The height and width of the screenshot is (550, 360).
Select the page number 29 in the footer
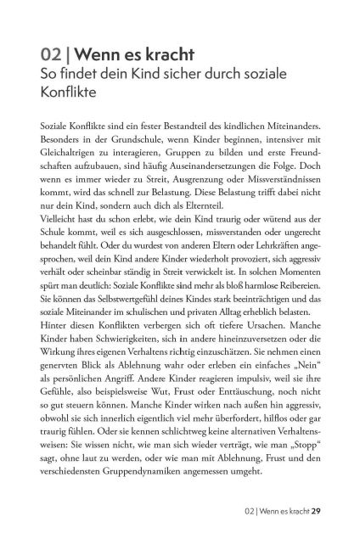coord(315,511)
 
